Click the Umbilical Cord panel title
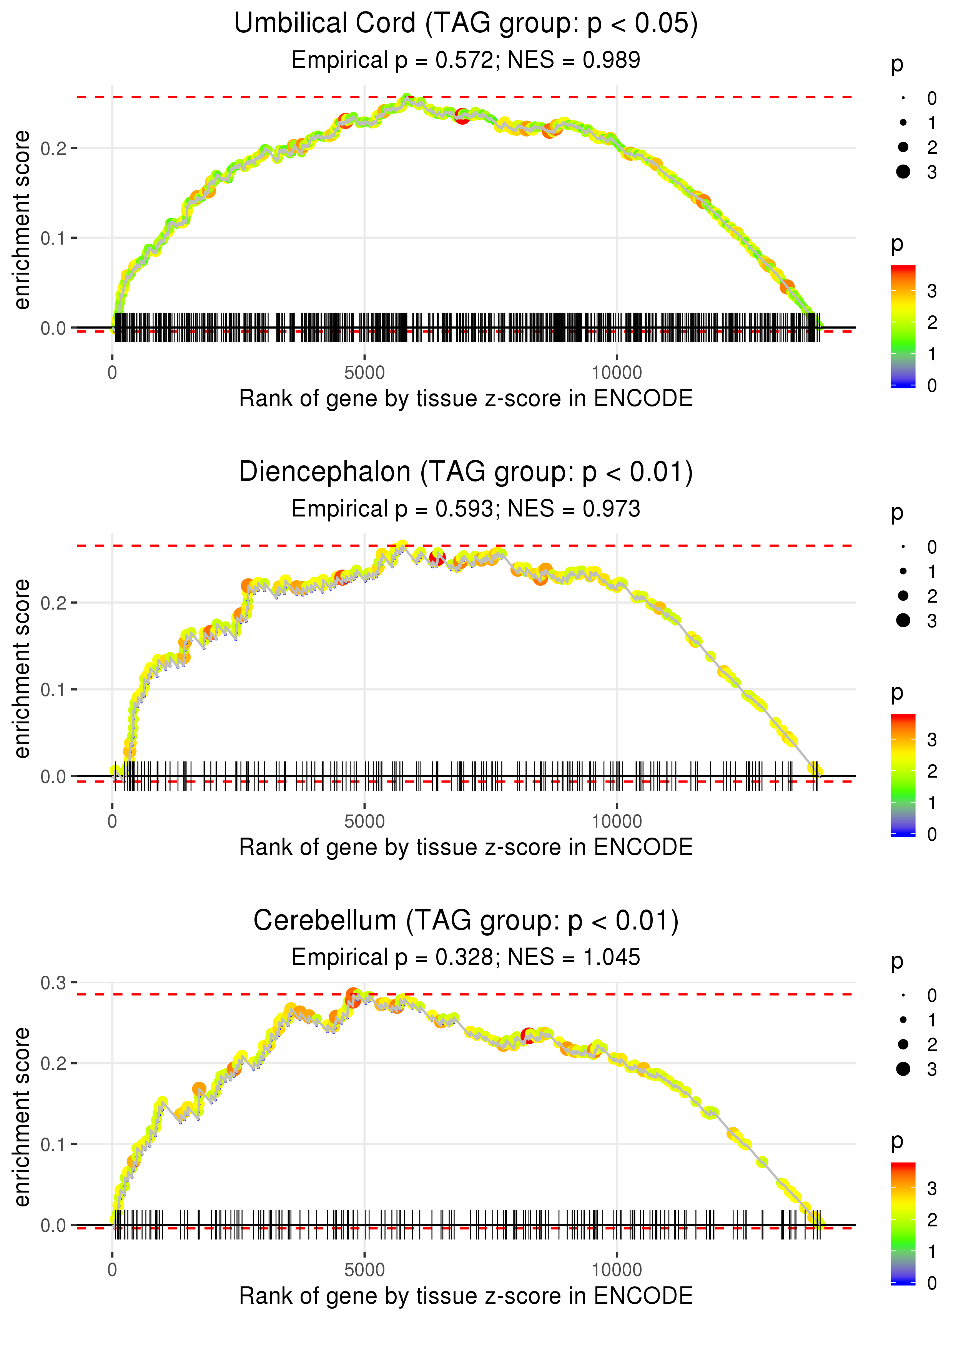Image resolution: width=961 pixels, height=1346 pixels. coord(466,24)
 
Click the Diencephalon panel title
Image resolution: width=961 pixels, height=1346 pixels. coord(466,472)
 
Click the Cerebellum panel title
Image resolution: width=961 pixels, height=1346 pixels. coord(466,921)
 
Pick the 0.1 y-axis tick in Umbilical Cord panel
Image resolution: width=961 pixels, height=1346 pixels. coord(53,238)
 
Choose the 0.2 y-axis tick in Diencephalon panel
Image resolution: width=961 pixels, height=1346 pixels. coord(53,603)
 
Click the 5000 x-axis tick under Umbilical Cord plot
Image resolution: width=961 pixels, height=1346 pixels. coord(364,373)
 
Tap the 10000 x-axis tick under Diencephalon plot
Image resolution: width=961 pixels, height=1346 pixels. coord(617,821)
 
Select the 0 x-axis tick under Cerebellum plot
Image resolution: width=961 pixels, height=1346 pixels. coord(112,1270)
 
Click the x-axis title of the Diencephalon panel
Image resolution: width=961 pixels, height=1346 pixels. coord(466,847)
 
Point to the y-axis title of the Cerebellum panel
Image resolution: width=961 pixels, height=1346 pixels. coord(22,1116)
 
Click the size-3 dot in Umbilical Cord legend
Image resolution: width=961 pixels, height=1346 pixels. coord(903,172)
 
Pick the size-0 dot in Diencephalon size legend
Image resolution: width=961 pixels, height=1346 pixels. coord(903,547)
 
